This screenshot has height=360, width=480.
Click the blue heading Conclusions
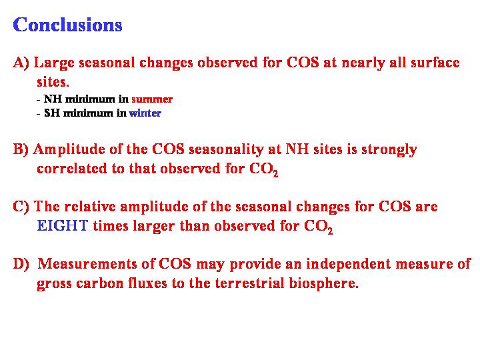pos(67,25)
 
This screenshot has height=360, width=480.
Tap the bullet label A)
pos(21,63)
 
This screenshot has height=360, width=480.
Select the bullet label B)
pos(21,149)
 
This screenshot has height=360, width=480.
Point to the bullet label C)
pos(21,206)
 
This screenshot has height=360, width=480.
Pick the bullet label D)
pos(21,264)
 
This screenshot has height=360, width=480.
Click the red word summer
pos(152,99)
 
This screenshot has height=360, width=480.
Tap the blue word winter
pos(145,113)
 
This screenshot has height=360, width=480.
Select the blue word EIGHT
pos(63,226)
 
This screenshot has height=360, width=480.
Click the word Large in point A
pos(54,63)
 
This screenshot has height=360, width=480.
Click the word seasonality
pos(226,150)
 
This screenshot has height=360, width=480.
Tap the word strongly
pos(389,150)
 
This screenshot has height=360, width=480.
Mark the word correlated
pos(71,169)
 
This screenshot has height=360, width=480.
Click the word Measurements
pos(87,264)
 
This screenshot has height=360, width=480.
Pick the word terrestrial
pos(250,283)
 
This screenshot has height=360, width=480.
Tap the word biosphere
pos(323,283)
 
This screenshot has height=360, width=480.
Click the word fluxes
pos(147,283)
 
